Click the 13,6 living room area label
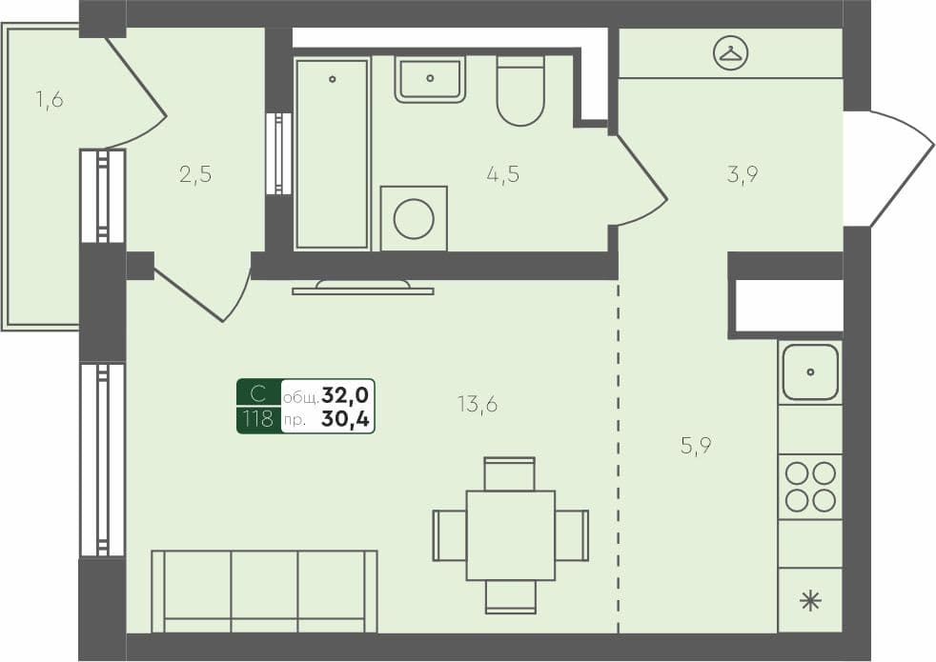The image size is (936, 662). coord(478,404)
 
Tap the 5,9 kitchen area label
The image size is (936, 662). coord(697,445)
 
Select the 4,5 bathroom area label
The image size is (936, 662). coord(502,174)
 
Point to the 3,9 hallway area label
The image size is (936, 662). coord(742,174)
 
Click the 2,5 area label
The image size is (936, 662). coord(194,174)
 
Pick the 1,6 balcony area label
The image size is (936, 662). coord(50,99)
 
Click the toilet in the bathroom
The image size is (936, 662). coord(520,91)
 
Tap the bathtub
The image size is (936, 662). coord(332,152)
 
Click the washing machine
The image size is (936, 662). coord(414,219)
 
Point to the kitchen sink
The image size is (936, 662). coord(810,371)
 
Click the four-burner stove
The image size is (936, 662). coord(810,487)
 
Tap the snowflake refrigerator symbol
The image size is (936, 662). coord(810,600)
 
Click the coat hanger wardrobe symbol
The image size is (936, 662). coord(731,53)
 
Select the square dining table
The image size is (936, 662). coord(510,535)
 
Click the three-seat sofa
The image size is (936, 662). coord(264,591)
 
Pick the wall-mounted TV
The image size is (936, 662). coord(362,287)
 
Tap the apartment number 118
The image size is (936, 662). coord(258,419)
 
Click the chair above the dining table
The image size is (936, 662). coord(510,473)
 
